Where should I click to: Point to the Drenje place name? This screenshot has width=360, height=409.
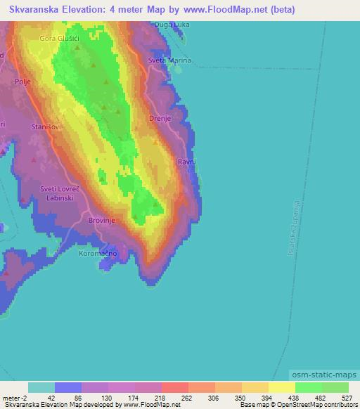pyautogui.click(x=160, y=119)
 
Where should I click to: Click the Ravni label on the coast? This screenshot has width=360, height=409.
pyautogui.click(x=186, y=162)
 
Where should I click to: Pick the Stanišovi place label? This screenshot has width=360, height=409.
pyautogui.click(x=46, y=127)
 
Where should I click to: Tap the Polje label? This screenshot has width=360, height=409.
pyautogui.click(x=23, y=82)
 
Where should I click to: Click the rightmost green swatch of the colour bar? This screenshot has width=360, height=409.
pyautogui.click(x=335, y=387)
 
